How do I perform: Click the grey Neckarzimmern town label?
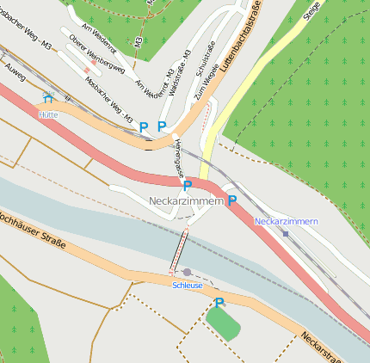186,200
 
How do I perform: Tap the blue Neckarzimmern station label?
287,221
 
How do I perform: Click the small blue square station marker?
286,233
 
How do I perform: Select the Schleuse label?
188,285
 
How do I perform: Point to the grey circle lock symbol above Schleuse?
187,273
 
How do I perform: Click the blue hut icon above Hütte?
46,98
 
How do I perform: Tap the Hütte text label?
47,114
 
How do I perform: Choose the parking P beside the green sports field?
219,302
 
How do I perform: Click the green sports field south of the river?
223,323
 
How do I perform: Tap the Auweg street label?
15,65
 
